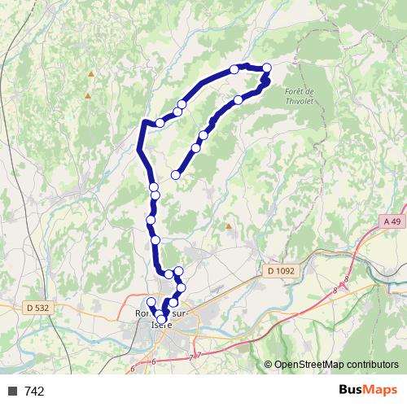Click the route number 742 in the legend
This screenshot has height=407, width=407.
(x=34, y=392)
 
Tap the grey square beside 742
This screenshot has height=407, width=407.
(x=13, y=392)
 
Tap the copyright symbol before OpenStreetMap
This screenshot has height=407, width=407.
(x=269, y=365)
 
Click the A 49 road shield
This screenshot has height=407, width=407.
(x=392, y=221)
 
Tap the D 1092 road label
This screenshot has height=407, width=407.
(x=280, y=270)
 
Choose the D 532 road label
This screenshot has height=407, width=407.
(x=37, y=307)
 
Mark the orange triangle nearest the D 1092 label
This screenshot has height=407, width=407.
(x=229, y=226)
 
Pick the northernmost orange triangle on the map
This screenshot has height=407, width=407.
(x=90, y=74)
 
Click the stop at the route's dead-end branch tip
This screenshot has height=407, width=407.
(x=176, y=174)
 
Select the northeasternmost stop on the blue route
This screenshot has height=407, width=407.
(x=266, y=68)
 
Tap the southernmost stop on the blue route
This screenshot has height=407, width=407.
(x=161, y=330)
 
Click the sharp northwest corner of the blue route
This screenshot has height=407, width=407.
(x=144, y=122)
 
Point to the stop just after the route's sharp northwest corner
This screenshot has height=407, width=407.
(x=160, y=122)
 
